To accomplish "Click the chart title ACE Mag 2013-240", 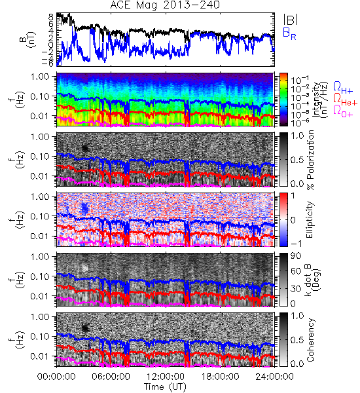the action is click(165, 5).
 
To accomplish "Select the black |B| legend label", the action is click(291, 20).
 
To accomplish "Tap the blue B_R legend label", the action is click(289, 33).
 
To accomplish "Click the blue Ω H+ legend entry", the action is click(343, 88).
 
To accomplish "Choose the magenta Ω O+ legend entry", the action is click(343, 111).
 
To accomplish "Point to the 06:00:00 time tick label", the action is click(111, 377).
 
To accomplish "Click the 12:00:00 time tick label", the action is click(166, 377).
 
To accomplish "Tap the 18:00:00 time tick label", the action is click(220, 377).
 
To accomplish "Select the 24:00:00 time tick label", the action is click(274, 377).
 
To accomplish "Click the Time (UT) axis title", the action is click(165, 386).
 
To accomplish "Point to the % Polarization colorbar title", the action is click(311, 160).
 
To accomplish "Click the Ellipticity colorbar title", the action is click(310, 219).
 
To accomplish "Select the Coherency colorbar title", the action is click(310, 340).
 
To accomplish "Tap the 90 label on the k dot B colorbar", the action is click(296, 256).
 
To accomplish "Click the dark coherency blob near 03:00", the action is click(85, 328).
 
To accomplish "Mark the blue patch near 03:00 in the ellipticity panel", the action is click(84, 208).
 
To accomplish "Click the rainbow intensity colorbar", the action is click(283, 100).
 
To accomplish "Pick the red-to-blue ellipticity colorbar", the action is click(283, 219).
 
